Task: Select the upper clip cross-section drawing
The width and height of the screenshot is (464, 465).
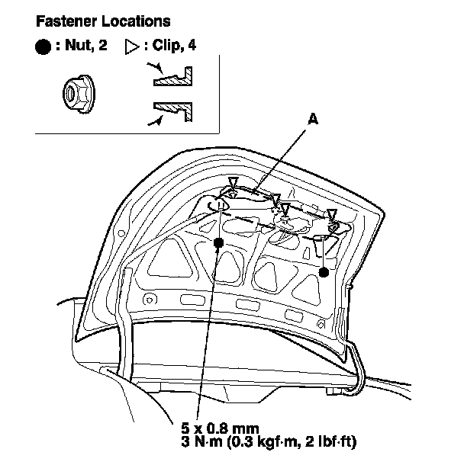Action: (x=173, y=76)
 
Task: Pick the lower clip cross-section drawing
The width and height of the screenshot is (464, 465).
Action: (x=173, y=111)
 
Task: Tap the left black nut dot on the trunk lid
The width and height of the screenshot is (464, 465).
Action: (x=219, y=242)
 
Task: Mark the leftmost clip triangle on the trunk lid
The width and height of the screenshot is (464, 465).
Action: (x=233, y=182)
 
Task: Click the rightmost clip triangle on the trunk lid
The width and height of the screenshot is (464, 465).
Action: (x=332, y=215)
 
